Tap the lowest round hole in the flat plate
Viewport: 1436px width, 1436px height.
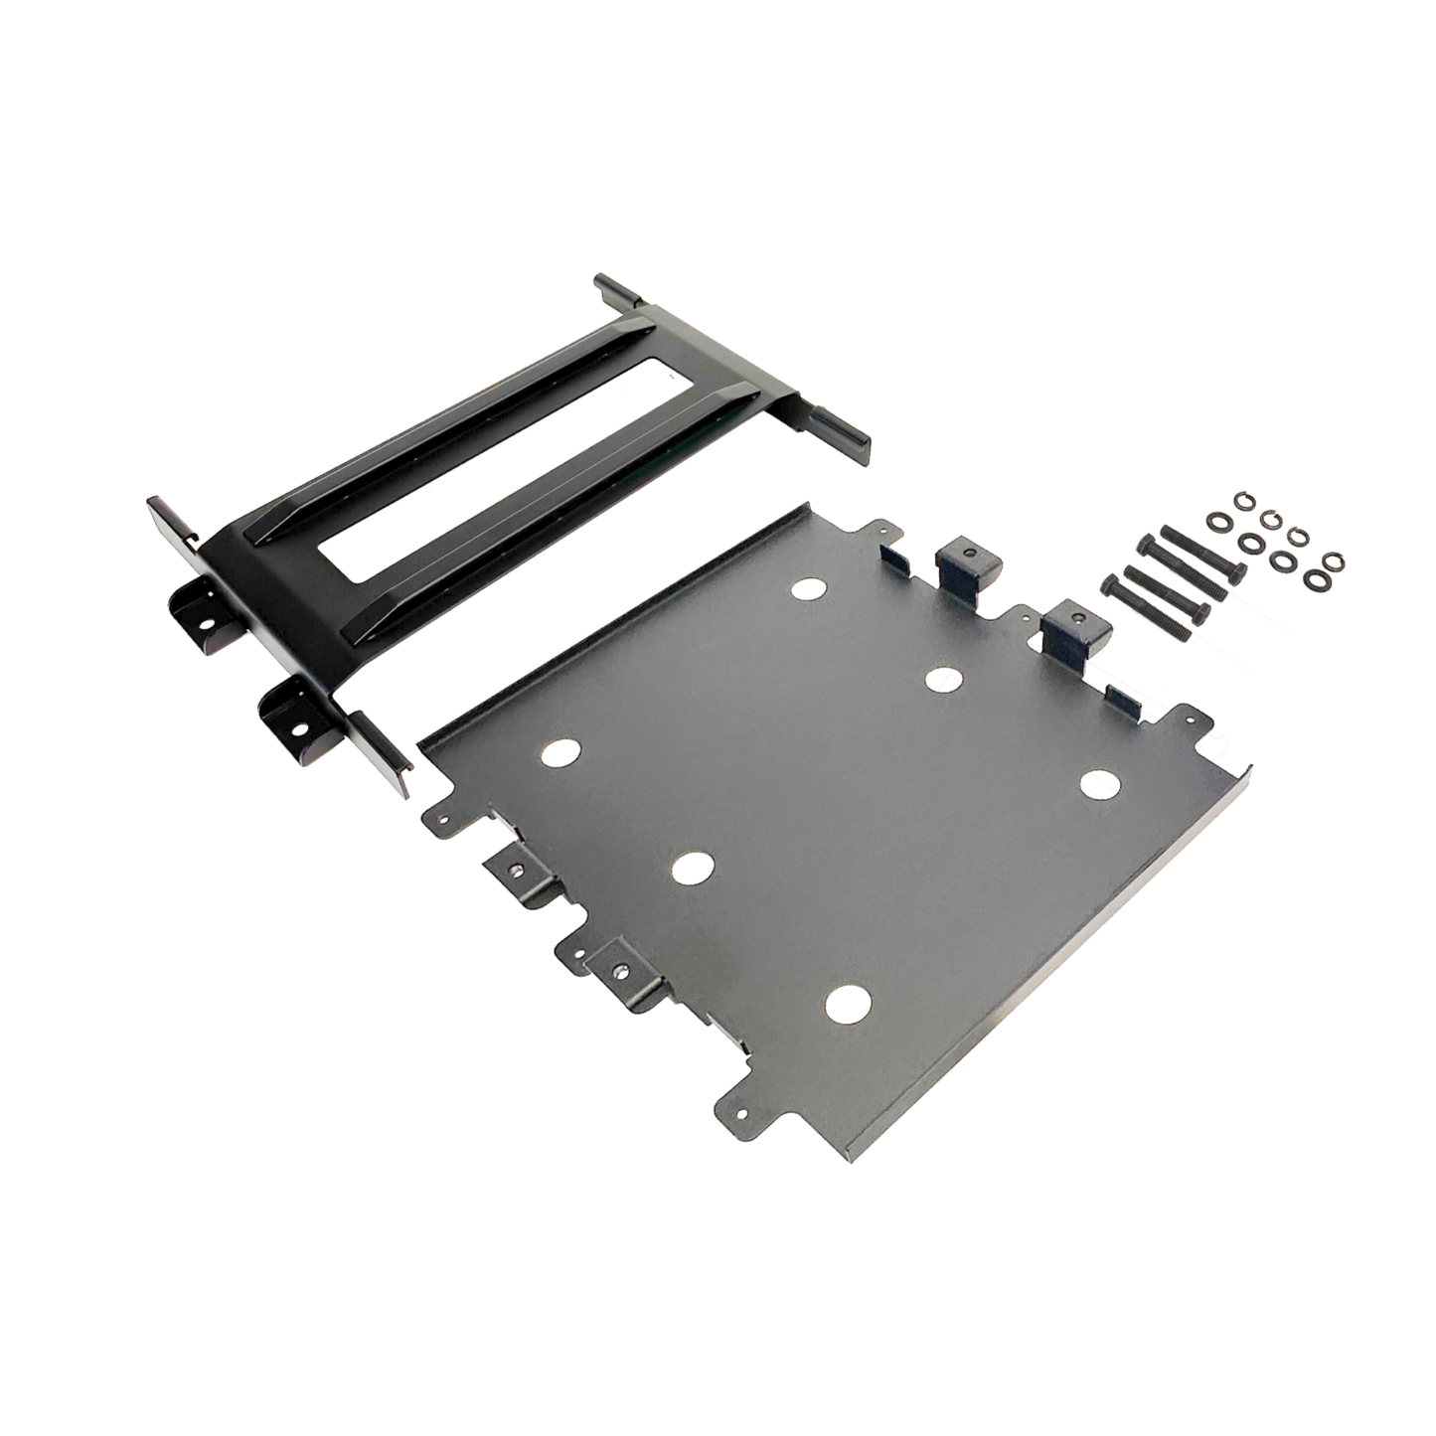[846, 1001]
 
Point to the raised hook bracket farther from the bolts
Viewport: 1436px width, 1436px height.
[960, 563]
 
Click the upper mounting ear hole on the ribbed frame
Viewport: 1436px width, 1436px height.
[208, 626]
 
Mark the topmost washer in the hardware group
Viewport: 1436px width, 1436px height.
[1241, 497]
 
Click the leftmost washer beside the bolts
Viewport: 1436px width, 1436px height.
[1214, 521]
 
